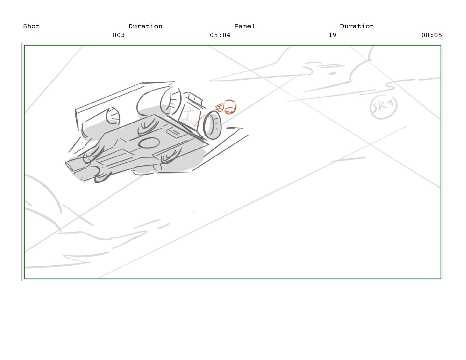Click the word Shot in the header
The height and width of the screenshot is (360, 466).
[31, 26]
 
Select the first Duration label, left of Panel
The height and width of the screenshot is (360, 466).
[145, 26]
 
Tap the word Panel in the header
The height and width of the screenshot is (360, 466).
[245, 26]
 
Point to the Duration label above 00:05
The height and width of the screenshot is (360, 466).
[357, 26]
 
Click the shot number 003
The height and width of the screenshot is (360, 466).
[119, 35]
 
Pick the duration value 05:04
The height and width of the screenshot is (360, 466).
[220, 35]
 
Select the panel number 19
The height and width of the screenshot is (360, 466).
[332, 35]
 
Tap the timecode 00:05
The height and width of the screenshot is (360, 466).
[432, 35]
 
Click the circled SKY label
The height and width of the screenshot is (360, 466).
[384, 107]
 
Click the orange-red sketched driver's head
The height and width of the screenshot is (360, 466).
[229, 107]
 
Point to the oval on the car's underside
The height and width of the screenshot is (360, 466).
[149, 143]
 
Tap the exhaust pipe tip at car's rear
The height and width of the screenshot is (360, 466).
[69, 166]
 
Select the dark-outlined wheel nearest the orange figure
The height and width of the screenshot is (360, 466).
[212, 125]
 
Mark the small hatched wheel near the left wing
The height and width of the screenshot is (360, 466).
[113, 116]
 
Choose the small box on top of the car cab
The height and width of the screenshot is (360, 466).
[195, 98]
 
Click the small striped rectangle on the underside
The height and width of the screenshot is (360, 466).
[173, 132]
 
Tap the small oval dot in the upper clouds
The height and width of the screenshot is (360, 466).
[332, 74]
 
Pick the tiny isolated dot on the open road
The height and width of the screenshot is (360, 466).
[194, 211]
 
